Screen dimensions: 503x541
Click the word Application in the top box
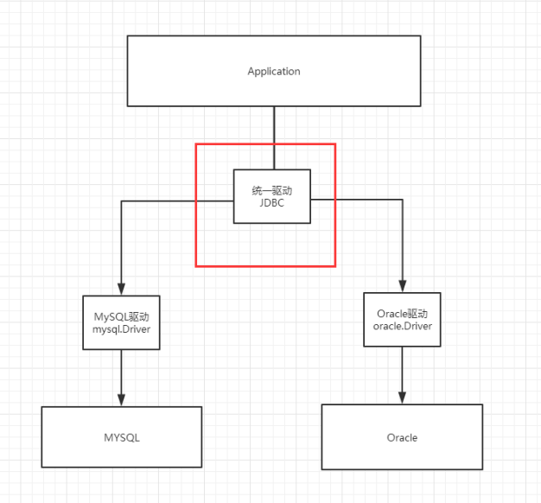click(273, 71)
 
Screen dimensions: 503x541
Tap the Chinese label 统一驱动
click(272, 189)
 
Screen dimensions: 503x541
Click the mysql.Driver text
click(121, 329)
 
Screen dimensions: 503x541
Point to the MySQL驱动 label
click(121, 315)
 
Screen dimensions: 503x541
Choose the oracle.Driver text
click(402, 326)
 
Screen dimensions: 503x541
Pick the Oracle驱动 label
click(402, 313)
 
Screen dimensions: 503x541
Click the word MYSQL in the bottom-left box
click(121, 437)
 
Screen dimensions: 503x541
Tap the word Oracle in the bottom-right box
click(402, 437)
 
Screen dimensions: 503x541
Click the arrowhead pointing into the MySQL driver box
click(121, 290)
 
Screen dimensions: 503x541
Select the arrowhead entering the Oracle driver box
click(402, 286)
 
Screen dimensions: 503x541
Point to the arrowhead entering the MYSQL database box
click(121, 401)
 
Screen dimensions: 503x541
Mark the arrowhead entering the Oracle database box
click(402, 398)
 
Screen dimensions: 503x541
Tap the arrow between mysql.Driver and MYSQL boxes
click(121, 376)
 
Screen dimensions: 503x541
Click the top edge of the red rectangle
click(265, 144)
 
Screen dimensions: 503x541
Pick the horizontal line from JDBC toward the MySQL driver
click(173, 201)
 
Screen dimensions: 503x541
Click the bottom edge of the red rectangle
click(265, 265)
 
